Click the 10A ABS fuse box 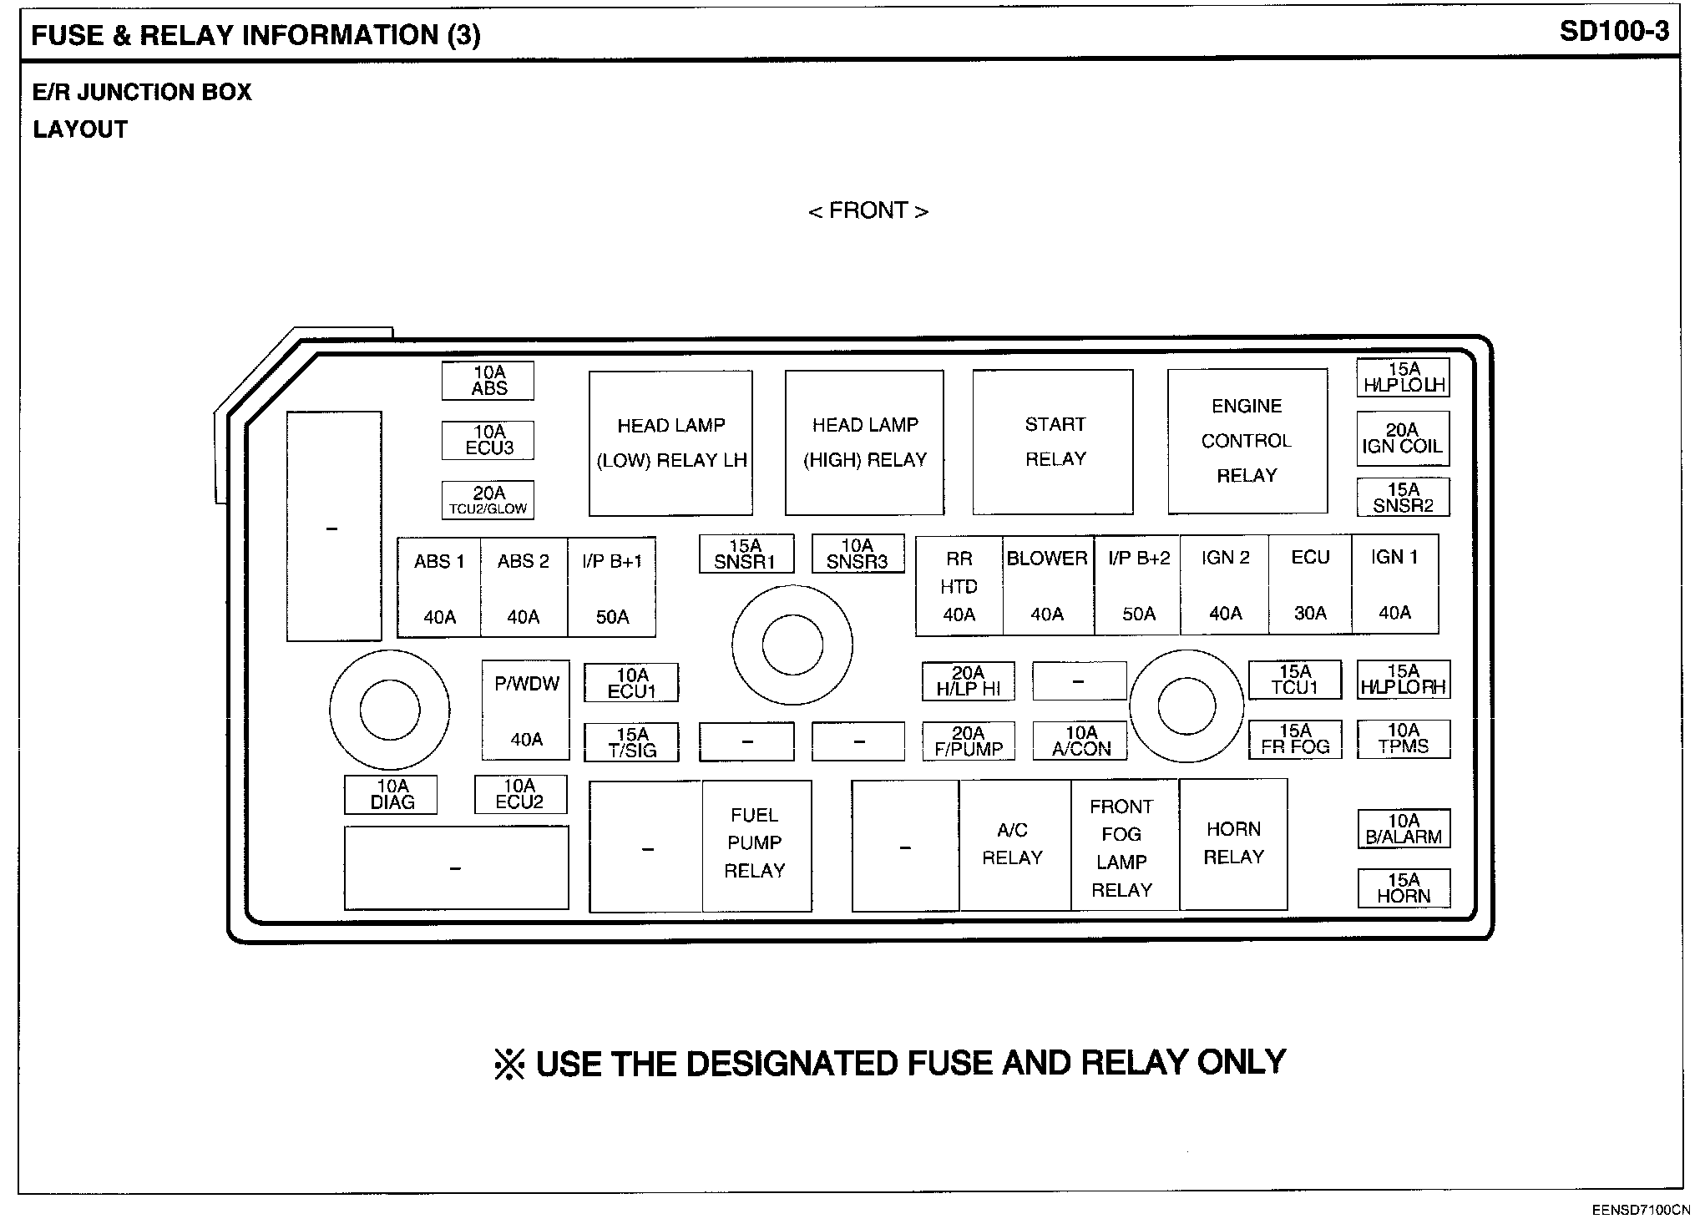(x=488, y=381)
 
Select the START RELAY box (x=1053, y=442)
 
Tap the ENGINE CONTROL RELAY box (x=1247, y=441)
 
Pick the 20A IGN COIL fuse (x=1402, y=438)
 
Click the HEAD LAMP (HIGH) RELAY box (x=864, y=443)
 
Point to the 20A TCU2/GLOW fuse (x=488, y=500)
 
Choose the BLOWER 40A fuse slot (x=1047, y=585)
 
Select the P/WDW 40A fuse (x=526, y=711)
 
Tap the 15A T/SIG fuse (x=631, y=742)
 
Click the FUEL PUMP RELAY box (x=756, y=845)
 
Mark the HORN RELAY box (x=1233, y=843)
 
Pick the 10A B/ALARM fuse (x=1404, y=829)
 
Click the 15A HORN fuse (x=1404, y=888)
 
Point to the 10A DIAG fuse (x=392, y=795)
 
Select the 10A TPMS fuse (x=1404, y=739)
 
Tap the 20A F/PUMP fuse (x=969, y=741)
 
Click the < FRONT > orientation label (x=868, y=210)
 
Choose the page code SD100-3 (x=1614, y=32)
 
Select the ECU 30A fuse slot (x=1309, y=584)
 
